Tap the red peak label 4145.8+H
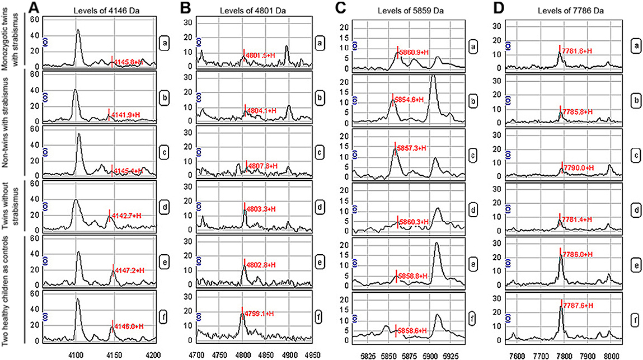(x=129, y=62)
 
